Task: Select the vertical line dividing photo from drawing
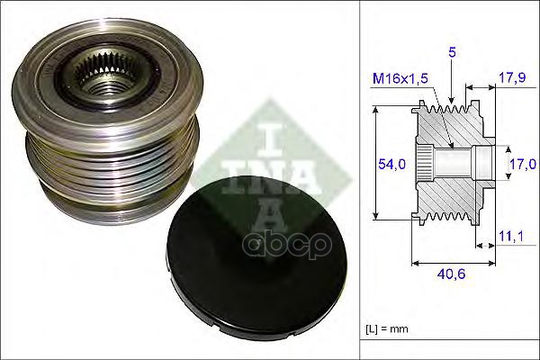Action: (360, 180)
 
